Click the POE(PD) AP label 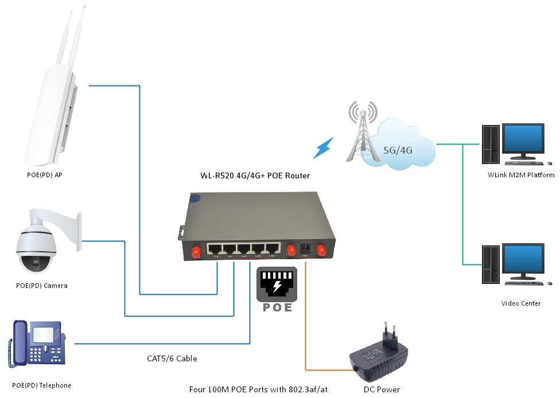tap(44, 175)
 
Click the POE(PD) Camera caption tap(42, 286)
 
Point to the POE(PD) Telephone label tap(41, 385)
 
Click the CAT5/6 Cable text tap(172, 358)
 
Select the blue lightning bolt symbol tap(324, 149)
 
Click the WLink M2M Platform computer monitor tap(523, 140)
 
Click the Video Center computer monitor tap(523, 260)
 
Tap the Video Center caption tap(520, 303)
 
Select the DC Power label tap(382, 389)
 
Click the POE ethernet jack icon tap(277, 285)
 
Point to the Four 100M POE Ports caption tap(258, 389)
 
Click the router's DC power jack tap(306, 249)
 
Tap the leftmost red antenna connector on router tap(195, 251)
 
